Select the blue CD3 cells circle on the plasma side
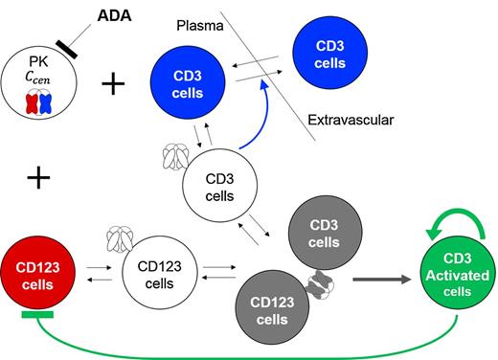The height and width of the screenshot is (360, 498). click(189, 84)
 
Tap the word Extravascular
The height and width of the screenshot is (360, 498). click(351, 121)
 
